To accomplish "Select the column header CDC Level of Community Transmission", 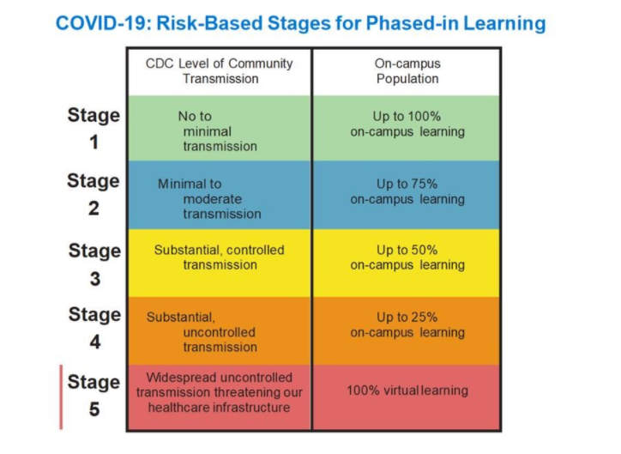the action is tap(220, 71).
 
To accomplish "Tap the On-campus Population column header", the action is tap(407, 71).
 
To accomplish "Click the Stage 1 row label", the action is tap(93, 129).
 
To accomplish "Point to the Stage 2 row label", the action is tap(93, 195).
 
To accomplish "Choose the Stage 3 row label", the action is tap(94, 264).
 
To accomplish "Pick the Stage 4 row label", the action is tap(94, 328).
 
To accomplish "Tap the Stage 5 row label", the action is tap(93, 396).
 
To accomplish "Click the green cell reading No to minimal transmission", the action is tap(220, 128).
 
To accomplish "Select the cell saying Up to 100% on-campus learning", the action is tap(407, 128).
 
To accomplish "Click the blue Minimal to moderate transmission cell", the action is tap(220, 195).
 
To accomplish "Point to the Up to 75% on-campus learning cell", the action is tap(407, 195).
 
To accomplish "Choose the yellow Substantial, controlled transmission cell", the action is tap(220, 263).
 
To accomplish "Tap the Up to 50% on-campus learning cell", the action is tap(407, 263).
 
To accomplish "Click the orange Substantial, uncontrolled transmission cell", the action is tap(220, 330).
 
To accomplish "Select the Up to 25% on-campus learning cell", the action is tap(407, 330).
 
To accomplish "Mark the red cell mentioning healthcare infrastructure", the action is tap(220, 397).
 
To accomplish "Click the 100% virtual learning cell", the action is tap(407, 397).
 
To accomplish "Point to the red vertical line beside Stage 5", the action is tap(61, 397).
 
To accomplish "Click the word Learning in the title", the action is tap(505, 24).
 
